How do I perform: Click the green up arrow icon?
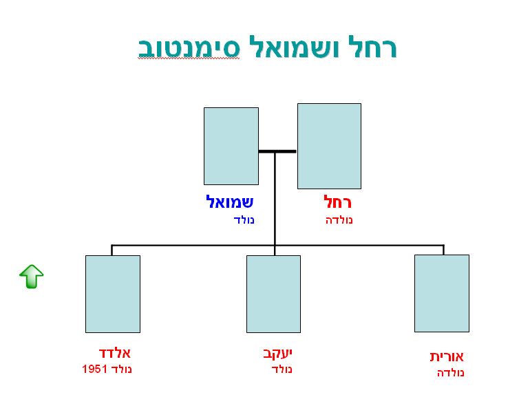coord(31,276)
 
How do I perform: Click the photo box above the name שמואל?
coord(231,146)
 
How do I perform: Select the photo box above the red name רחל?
coord(329,146)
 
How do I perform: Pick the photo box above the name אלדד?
coord(112,294)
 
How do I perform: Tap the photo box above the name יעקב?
coord(273,294)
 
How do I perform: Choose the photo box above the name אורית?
coord(441,293)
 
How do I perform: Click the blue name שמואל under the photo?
coord(230,202)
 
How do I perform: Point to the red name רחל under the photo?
coord(338,202)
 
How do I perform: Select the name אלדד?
coord(114,353)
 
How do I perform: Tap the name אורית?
coord(447,356)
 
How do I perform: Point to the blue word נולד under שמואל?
coord(244,220)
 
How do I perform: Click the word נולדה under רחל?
coord(339,220)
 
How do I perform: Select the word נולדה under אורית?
coord(451,373)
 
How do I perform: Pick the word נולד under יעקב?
coord(282,369)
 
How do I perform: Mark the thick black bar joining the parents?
coord(277,151)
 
